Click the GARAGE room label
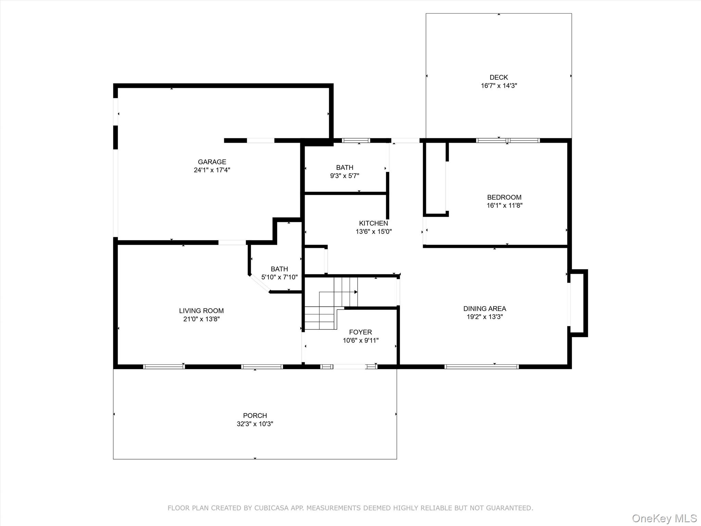click(x=212, y=162)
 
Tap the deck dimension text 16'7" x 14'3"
click(x=499, y=86)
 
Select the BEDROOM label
click(x=504, y=197)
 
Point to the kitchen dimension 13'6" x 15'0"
click(x=373, y=231)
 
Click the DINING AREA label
click(x=484, y=309)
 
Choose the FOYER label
click(x=360, y=332)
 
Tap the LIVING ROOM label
click(x=201, y=311)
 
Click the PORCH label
click(x=255, y=415)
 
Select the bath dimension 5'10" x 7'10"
click(x=279, y=277)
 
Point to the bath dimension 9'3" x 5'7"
click(x=344, y=176)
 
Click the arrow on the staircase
click(x=355, y=292)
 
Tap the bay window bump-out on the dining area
click(x=578, y=303)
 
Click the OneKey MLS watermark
click(x=664, y=518)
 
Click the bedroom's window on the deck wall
click(x=508, y=140)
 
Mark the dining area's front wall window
click(x=481, y=367)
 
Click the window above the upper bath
click(x=356, y=140)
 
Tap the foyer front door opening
click(x=349, y=367)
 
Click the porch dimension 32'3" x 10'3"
click(x=255, y=424)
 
